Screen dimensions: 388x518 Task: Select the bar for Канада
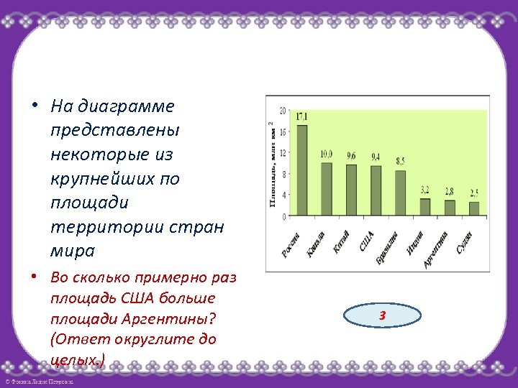[327, 189]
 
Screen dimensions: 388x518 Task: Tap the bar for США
[376, 190]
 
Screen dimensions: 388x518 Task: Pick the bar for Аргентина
[450, 208]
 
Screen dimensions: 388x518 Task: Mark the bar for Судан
[474, 208]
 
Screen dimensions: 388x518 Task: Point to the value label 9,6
[351, 155]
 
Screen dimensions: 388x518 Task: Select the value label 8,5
[400, 161]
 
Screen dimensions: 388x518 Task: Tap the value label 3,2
[425, 189]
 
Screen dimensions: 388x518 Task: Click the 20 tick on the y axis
[283, 111]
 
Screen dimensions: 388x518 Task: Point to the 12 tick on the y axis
[283, 153]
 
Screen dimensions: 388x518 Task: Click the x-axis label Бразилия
[386, 247]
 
